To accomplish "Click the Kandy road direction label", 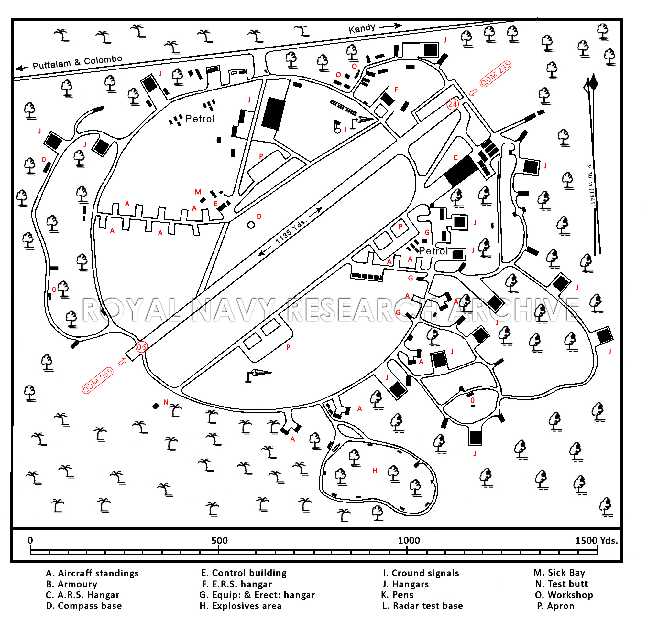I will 362,28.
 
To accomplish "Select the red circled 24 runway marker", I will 452,104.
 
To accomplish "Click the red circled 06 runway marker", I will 141,347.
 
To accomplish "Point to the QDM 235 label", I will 496,74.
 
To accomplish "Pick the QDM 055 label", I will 98,380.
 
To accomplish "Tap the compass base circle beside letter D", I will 251,225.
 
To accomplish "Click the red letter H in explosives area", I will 375,471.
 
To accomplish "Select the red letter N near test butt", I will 166,402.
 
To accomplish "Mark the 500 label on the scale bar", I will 220,541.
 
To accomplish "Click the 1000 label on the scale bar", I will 409,541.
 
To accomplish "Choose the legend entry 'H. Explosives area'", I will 240,606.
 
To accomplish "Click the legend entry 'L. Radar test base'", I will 422,606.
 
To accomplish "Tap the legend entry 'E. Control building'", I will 244,573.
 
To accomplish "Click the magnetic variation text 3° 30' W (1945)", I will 591,185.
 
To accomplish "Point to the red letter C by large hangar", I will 455,158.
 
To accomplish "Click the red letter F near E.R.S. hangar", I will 397,90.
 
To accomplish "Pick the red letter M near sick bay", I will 198,192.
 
